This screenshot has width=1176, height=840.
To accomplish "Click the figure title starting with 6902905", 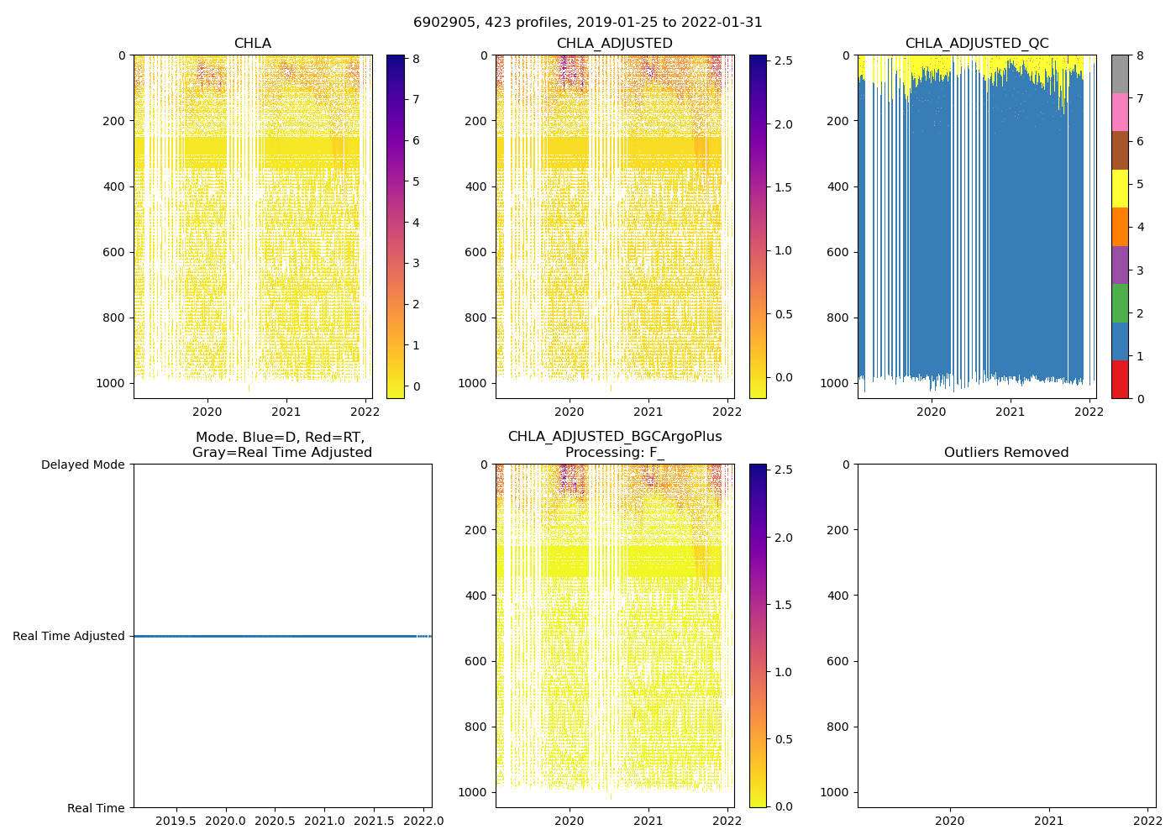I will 588,23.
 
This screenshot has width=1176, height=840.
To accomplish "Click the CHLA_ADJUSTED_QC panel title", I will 976,44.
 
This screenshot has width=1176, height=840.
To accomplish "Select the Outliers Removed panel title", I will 1005,453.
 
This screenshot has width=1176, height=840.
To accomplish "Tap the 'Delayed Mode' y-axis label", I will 82,465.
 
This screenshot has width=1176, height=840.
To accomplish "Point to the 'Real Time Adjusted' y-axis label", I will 69,637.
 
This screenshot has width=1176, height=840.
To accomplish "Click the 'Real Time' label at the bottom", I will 96,808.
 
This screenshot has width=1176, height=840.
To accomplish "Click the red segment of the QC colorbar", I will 1119,379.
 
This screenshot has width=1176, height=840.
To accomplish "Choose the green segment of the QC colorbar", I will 1119,303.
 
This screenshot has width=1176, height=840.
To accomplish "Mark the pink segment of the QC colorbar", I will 1119,112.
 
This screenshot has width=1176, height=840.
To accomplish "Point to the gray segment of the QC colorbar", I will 1119,74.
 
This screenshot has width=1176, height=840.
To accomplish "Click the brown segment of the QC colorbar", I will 1119,150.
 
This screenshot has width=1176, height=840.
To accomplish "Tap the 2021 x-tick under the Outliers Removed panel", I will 1048,821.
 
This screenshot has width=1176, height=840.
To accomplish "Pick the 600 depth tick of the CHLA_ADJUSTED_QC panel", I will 838,252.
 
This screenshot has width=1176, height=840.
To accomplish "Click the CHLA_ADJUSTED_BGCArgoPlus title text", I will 614,437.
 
